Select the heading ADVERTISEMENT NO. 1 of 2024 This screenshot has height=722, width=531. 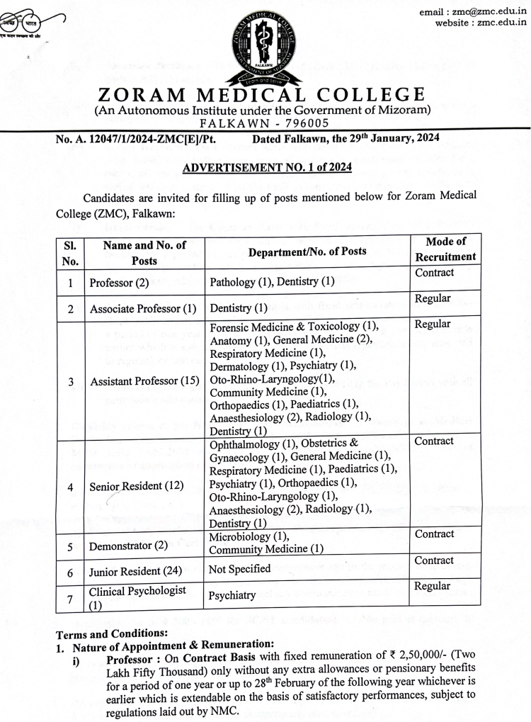(266, 168)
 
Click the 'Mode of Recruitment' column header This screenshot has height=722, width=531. (445, 249)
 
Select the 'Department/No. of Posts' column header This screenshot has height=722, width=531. (307, 251)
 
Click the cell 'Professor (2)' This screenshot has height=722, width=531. (119, 283)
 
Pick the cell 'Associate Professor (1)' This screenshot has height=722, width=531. (142, 309)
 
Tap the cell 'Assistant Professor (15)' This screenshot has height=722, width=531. (144, 381)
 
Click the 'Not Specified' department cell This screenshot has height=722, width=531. (239, 568)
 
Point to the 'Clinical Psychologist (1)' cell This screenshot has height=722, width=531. (137, 597)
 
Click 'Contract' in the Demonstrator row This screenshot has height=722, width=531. (434, 534)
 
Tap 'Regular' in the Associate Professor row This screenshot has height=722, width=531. (433, 298)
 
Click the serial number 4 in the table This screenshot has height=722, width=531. (70, 487)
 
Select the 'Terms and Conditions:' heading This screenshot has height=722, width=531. (108, 633)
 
